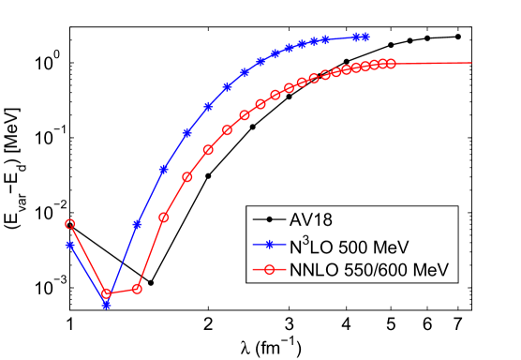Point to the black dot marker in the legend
269,220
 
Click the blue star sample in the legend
269,246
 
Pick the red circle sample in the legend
269,270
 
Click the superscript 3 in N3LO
310,241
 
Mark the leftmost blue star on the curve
69,246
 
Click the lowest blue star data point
106,305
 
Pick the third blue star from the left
138,225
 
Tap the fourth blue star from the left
164,170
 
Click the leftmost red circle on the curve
69,224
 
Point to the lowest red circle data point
106,293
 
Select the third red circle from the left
138,289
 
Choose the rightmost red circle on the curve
391,64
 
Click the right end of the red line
470,64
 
